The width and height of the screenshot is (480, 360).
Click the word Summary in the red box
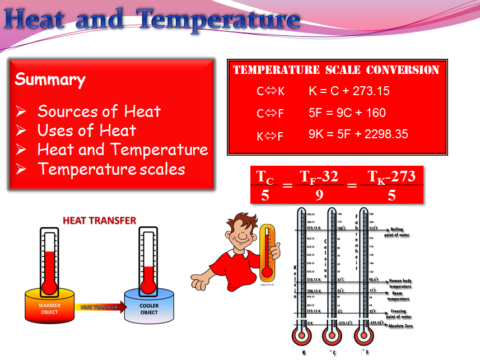pyautogui.click(x=50, y=80)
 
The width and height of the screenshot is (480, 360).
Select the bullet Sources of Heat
pyautogui.click(x=99, y=111)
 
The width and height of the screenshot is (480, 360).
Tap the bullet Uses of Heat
pyautogui.click(x=87, y=130)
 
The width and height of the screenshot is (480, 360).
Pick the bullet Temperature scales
pyautogui.click(x=111, y=169)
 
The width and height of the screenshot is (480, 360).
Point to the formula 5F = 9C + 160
pyautogui.click(x=347, y=113)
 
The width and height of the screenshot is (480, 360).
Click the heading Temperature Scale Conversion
pyautogui.click(x=335, y=70)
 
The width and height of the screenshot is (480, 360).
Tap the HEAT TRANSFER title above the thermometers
pyautogui.click(x=99, y=220)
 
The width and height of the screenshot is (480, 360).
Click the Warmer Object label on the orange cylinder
pyautogui.click(x=49, y=308)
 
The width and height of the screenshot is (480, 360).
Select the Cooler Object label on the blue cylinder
pyautogui.click(x=148, y=308)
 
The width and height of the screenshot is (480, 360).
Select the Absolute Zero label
pyautogui.click(x=400, y=325)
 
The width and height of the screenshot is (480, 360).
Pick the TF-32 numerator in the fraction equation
pyautogui.click(x=319, y=177)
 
